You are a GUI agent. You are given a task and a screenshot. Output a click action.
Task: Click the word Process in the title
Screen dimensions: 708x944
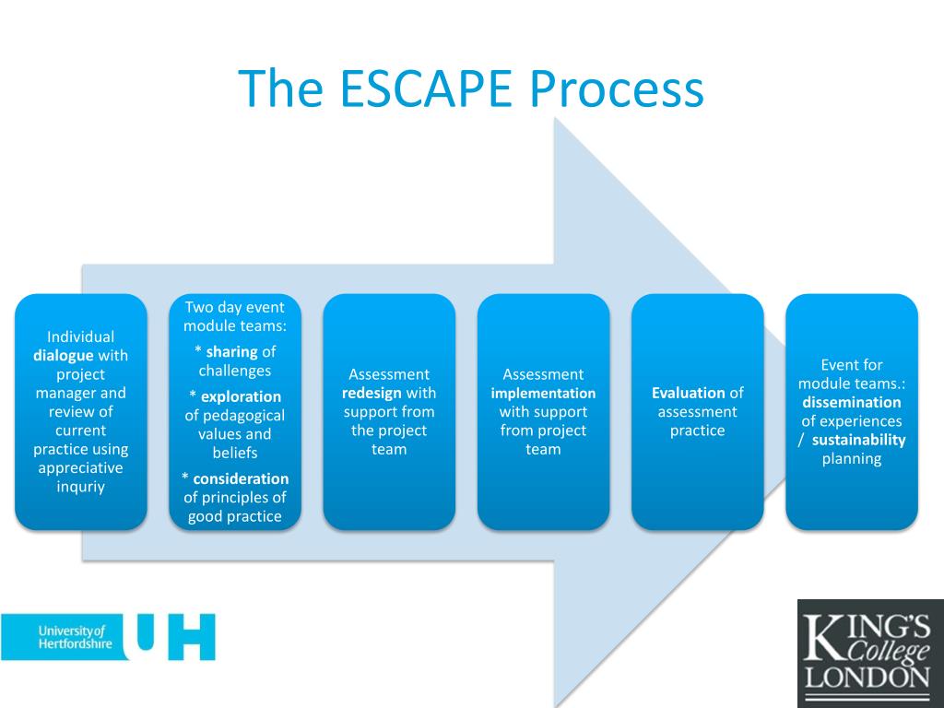pyautogui.click(x=617, y=88)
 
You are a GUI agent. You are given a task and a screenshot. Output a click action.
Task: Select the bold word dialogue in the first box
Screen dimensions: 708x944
pyautogui.click(x=64, y=356)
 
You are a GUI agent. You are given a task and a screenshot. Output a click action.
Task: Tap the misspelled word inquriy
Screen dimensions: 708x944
pyautogui.click(x=81, y=487)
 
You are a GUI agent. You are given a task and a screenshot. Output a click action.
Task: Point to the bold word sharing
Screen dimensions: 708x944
pyautogui.click(x=231, y=352)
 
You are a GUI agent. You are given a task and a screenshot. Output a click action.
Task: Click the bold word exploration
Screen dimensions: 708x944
pyautogui.click(x=241, y=396)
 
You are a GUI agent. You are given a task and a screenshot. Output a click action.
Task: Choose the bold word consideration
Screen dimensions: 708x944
pyautogui.click(x=240, y=478)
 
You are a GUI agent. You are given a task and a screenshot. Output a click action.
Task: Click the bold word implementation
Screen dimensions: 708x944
pyautogui.click(x=543, y=394)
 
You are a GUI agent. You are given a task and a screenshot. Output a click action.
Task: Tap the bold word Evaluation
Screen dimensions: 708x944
pyautogui.click(x=688, y=393)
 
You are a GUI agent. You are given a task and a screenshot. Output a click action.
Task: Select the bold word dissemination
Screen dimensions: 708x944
pyautogui.click(x=851, y=402)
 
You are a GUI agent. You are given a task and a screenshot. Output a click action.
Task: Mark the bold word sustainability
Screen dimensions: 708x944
pyautogui.click(x=858, y=440)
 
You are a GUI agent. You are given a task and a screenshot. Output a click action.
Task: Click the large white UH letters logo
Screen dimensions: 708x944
pyautogui.click(x=175, y=636)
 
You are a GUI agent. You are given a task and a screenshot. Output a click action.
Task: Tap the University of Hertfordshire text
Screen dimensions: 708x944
pyautogui.click(x=73, y=637)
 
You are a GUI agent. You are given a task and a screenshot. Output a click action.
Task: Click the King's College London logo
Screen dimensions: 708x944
pyautogui.click(x=869, y=654)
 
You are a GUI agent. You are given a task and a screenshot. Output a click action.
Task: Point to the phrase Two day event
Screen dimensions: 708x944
pyautogui.click(x=235, y=307)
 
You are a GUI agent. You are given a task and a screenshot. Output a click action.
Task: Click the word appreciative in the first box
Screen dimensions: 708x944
pyautogui.click(x=81, y=468)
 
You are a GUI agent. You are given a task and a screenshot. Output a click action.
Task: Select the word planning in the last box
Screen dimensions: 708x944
pyautogui.click(x=851, y=459)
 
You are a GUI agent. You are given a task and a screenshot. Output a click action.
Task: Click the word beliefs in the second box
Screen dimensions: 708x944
pyautogui.click(x=234, y=453)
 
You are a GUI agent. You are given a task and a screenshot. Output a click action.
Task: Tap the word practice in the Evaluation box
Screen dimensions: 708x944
pyautogui.click(x=697, y=431)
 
